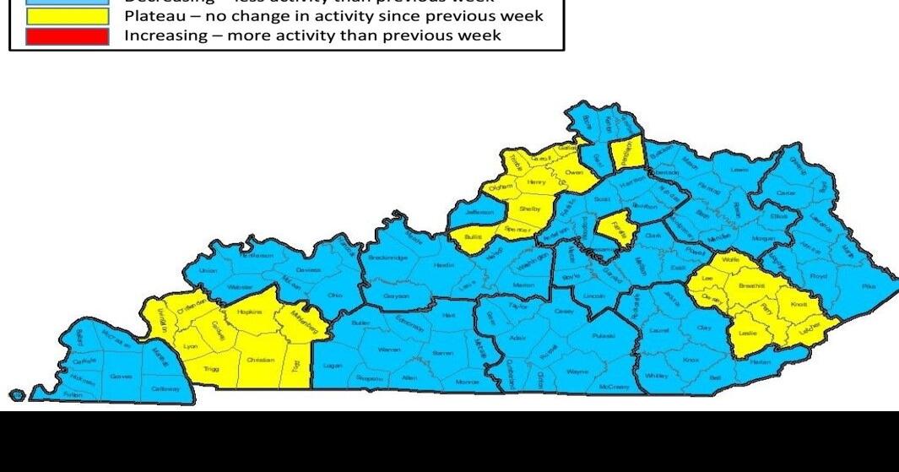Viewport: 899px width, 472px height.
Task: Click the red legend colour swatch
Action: click(68, 35)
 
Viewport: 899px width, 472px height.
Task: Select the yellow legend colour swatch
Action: click(68, 16)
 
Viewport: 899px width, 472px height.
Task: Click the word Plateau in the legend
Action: click(154, 16)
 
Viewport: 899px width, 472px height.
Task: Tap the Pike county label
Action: click(869, 287)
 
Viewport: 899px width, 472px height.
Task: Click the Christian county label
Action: click(260, 361)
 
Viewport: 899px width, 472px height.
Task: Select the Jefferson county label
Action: click(479, 212)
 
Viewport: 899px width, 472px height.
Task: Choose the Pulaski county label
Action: click(603, 337)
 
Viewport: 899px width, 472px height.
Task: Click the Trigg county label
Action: click(213, 370)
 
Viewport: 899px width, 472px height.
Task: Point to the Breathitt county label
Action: click(750, 287)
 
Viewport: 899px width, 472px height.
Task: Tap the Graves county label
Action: click(121, 377)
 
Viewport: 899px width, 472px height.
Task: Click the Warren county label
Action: click(389, 350)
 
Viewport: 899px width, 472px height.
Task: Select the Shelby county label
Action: click(529, 209)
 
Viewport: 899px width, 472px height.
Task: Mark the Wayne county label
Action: click(577, 372)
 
